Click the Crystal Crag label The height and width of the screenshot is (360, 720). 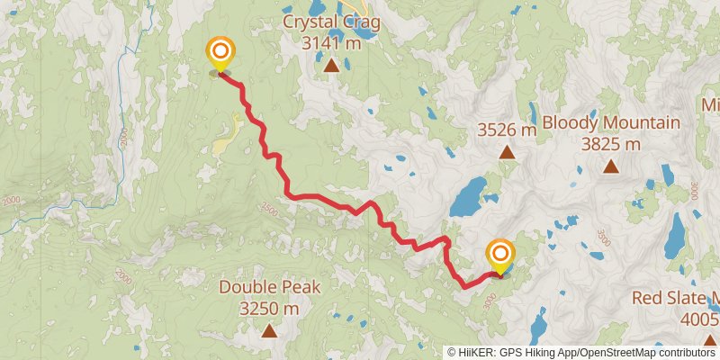click(332, 21)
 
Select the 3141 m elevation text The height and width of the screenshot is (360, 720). click(332, 41)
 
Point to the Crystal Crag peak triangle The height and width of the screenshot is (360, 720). click(332, 65)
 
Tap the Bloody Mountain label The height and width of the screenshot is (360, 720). click(611, 122)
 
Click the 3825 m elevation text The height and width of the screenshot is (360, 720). click(611, 143)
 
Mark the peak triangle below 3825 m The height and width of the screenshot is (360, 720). click(611, 166)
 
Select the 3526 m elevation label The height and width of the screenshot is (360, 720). click(507, 130)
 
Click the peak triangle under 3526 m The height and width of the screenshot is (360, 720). click(507, 153)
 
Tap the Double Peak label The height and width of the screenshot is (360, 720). click(270, 288)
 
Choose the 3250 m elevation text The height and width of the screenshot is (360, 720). click(270, 309)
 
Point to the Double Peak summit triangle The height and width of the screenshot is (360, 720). click(270, 331)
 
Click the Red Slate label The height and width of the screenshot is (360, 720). click(675, 298)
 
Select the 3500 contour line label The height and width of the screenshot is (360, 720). click(603, 238)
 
